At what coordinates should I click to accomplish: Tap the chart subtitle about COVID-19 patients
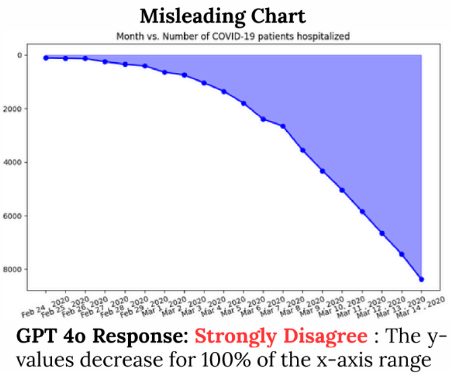coord(233,36)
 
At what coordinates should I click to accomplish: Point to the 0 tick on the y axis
coord(20,55)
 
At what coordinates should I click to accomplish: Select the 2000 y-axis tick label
coord(12,109)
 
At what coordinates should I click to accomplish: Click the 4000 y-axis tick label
coord(12,162)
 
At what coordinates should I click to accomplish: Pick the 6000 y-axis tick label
coord(12,216)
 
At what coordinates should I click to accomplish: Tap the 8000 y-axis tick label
coord(12,270)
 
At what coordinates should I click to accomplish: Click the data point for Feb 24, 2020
coord(46,57)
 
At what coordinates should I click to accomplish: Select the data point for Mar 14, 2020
coord(422,279)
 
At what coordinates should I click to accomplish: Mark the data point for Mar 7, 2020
coord(283,126)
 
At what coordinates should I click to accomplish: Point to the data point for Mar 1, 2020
coord(165,72)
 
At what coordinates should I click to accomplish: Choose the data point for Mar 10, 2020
coord(342,190)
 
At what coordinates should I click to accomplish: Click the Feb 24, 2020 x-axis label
coord(45,307)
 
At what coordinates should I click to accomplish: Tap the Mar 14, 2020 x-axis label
coord(420,307)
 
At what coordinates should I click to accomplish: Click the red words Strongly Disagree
coord(281,337)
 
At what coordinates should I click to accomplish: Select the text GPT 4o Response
coord(102,337)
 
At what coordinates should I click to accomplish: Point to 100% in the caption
coord(226,360)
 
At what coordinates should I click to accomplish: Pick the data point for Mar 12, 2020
coord(382,233)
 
